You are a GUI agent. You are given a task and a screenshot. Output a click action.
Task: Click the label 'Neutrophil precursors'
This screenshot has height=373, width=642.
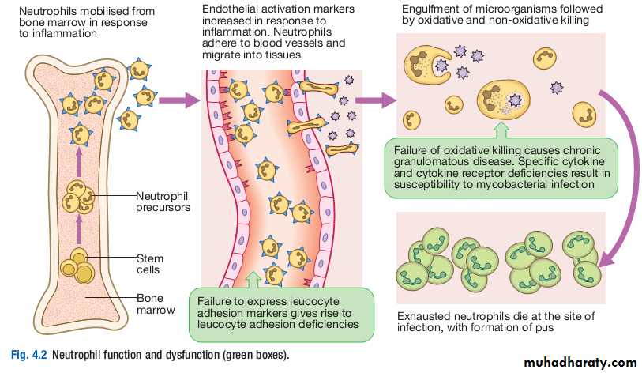coord(163,202)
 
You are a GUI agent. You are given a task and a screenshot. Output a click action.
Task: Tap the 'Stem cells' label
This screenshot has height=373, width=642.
coord(149,264)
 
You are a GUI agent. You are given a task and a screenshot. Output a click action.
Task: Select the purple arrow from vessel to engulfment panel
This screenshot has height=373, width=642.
coord(375,100)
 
